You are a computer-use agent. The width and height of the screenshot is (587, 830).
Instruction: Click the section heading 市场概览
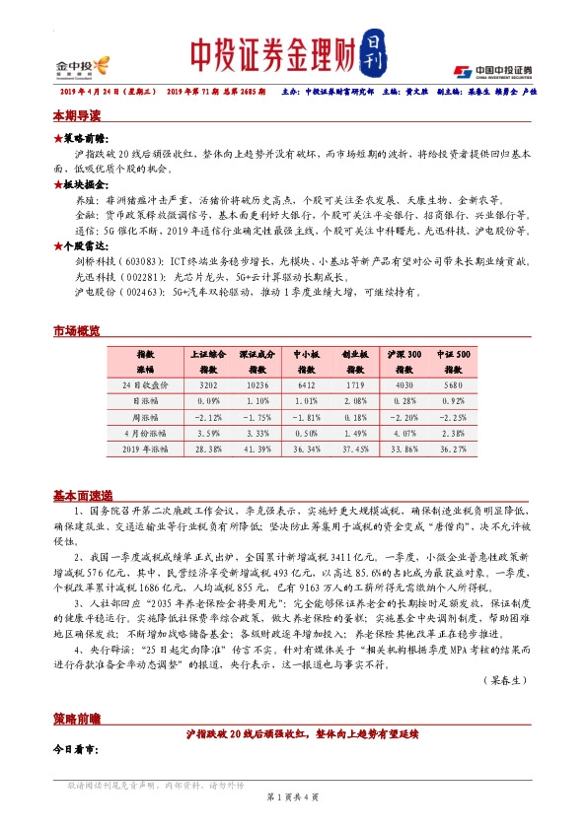click(76, 332)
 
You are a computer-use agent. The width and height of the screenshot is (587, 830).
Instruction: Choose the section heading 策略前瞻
click(76, 717)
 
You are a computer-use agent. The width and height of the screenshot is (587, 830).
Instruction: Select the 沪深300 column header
click(403, 358)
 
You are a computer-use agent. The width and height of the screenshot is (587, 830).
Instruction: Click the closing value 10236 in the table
click(257, 383)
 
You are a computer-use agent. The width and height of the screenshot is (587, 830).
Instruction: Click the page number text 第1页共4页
click(293, 795)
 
